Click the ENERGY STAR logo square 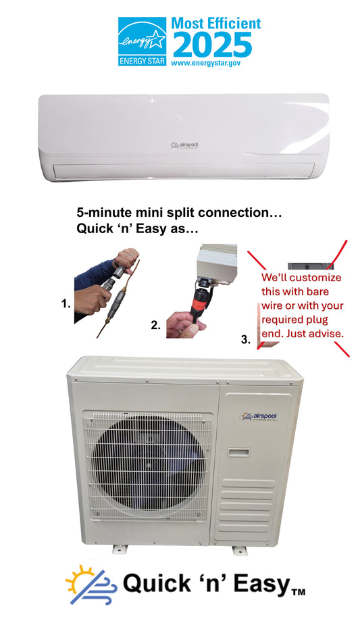pyautogui.click(x=142, y=41)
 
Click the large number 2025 pyautogui.click(x=212, y=45)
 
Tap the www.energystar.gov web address pyautogui.click(x=205, y=63)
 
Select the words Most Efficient pyautogui.click(x=215, y=23)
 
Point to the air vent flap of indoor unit pyautogui.click(x=184, y=170)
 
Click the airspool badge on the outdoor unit pyautogui.click(x=260, y=416)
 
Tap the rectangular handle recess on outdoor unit pyautogui.click(x=239, y=452)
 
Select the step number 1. pyautogui.click(x=66, y=303)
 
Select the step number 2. pyautogui.click(x=155, y=325)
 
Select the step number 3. pyautogui.click(x=245, y=339)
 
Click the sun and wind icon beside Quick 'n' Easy pyautogui.click(x=91, y=585)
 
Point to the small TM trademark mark pyautogui.click(x=298, y=592)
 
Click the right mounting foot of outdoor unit pyautogui.click(x=240, y=550)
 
